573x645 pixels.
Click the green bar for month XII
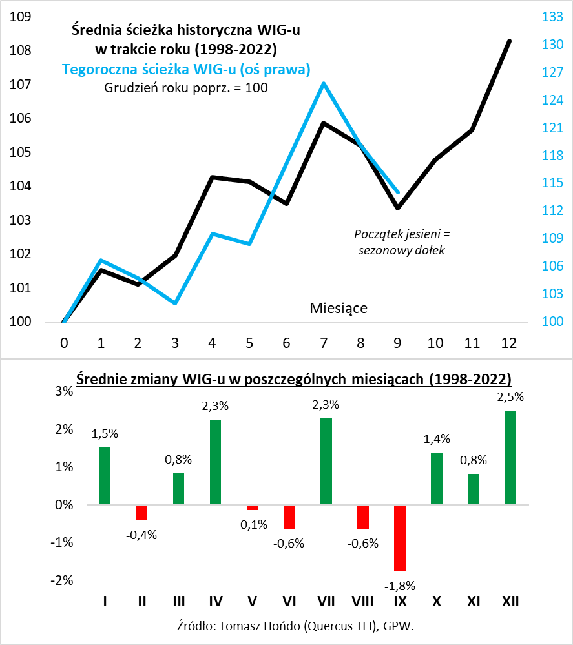pos(510,457)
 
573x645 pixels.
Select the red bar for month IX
pos(400,538)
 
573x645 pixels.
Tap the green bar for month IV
pos(216,462)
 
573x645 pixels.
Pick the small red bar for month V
pos(253,507)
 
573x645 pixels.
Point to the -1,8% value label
pos(400,586)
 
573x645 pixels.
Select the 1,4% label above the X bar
pos(437,438)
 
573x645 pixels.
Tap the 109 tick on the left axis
pos(21,17)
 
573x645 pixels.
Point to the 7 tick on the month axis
pos(323,342)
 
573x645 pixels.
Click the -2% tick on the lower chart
pos(48,580)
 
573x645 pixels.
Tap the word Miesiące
pos(339,308)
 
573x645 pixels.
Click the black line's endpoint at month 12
pos(509,41)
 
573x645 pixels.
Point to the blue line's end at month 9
pos(398,192)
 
